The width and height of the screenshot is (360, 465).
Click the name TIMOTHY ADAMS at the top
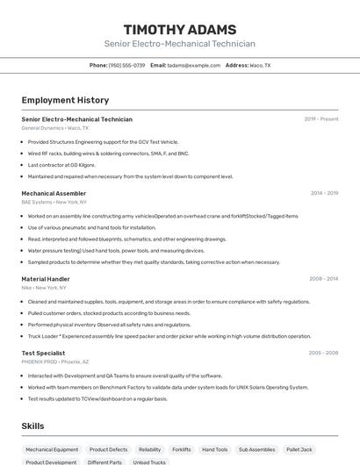pos(180,29)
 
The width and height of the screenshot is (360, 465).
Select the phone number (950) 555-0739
pos(127,65)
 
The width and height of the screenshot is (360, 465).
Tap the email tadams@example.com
pos(194,65)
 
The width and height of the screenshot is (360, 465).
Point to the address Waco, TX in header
pos(260,65)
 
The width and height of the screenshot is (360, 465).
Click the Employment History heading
pos(65,100)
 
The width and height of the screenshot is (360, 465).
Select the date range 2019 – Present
pos(320,119)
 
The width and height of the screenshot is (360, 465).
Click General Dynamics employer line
pos(54,128)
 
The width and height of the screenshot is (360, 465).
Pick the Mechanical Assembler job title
pos(54,193)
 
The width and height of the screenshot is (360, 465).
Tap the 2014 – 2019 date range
pos(324,193)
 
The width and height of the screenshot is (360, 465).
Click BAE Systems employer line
pos(54,202)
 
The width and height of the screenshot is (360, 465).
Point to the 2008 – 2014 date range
pos(323,279)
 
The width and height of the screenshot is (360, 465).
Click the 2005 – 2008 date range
pos(323,353)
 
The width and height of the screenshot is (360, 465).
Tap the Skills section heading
pos(33,426)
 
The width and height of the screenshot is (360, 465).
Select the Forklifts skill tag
pos(182,449)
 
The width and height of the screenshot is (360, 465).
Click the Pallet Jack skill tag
pos(299,449)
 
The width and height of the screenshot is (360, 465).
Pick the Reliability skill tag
pos(149,449)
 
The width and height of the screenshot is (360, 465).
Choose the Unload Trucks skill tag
pos(149,461)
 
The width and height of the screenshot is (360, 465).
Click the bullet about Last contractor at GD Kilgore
pos(61,165)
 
